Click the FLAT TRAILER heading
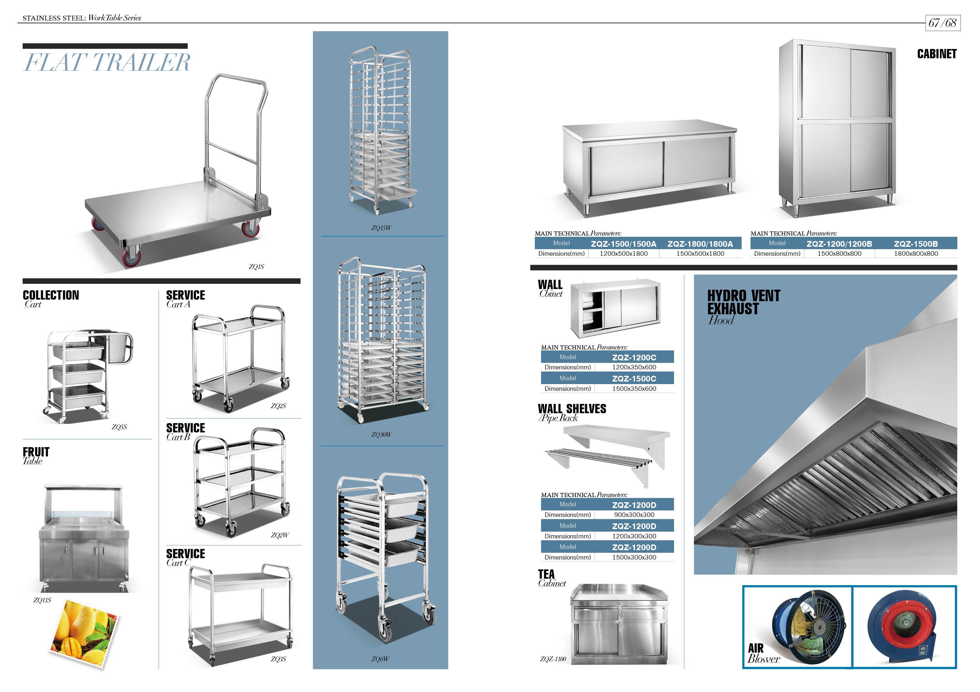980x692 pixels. [107, 62]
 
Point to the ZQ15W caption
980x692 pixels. [381, 228]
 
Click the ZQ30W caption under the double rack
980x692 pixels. [381, 435]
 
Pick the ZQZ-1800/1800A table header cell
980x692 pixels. [700, 244]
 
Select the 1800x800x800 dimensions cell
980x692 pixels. [916, 253]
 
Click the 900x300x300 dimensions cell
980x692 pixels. [634, 515]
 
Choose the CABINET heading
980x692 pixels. [936, 54]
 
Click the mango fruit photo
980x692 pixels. [85, 633]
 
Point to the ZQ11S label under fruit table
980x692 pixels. [42, 600]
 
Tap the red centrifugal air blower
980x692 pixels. [903, 625]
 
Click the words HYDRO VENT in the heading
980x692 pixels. [743, 296]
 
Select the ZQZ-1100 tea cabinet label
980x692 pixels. [553, 659]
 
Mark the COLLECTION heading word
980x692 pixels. [51, 295]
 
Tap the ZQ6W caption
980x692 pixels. [380, 659]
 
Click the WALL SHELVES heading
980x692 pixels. [572, 409]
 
